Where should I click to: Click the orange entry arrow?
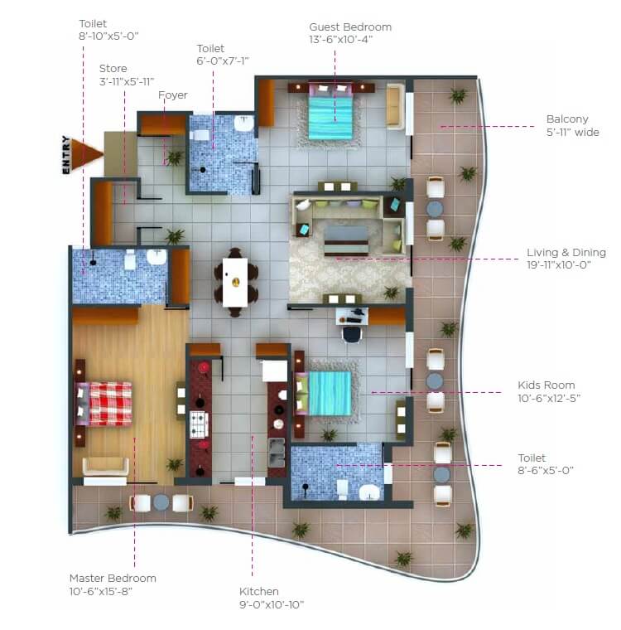pyautogui.click(x=86, y=153)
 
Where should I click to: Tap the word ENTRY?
pyautogui.click(x=66, y=154)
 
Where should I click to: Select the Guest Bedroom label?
pyautogui.click(x=350, y=27)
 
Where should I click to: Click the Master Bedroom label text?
pyautogui.click(x=113, y=578)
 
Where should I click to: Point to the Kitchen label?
pyautogui.click(x=259, y=591)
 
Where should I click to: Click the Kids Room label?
pyautogui.click(x=546, y=385)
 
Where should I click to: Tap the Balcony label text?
pyautogui.click(x=567, y=119)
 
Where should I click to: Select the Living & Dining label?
pyautogui.click(x=566, y=253)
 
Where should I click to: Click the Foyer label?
pyautogui.click(x=173, y=95)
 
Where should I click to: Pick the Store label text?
pyautogui.click(x=113, y=68)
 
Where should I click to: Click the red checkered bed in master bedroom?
pyautogui.click(x=105, y=403)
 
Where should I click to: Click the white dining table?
pyautogui.click(x=235, y=282)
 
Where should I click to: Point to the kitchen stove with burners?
pyautogui.click(x=199, y=424)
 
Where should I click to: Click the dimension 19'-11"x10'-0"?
pyautogui.click(x=565, y=266)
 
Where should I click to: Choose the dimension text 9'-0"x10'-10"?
pyautogui.click(x=272, y=604)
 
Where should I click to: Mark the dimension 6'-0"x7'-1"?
pyautogui.click(x=222, y=61)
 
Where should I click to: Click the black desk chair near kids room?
pyautogui.click(x=352, y=332)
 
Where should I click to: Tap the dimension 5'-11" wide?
pyautogui.click(x=573, y=132)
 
